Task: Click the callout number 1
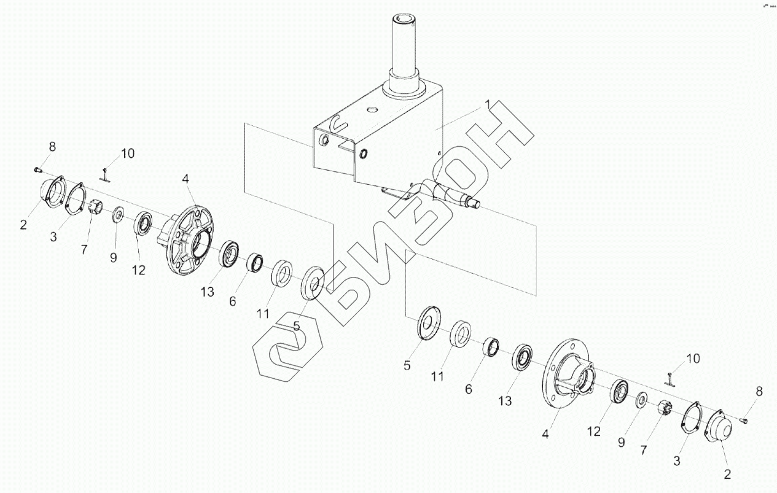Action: (x=488, y=106)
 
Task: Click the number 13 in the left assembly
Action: (x=208, y=292)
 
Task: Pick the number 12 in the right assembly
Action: (x=593, y=432)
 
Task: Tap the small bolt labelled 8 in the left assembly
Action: (x=38, y=168)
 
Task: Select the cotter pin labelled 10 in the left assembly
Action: (x=106, y=176)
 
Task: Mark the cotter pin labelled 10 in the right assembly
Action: (x=670, y=376)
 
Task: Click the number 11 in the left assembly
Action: (x=263, y=314)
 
